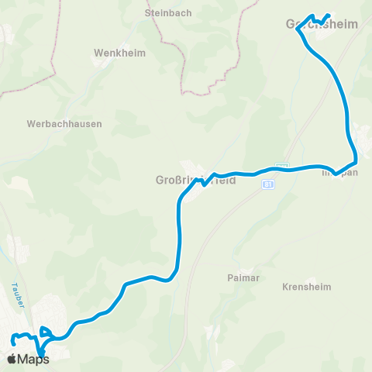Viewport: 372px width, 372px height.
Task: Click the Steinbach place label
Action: [163, 13]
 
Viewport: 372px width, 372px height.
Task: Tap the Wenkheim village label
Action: [115, 53]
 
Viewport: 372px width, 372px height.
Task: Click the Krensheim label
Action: [306, 287]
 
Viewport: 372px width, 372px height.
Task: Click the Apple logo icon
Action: [12, 359]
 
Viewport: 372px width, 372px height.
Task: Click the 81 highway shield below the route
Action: [267, 184]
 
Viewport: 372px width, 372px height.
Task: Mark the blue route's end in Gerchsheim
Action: [329, 15]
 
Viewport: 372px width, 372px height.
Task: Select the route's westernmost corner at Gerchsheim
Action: [298, 31]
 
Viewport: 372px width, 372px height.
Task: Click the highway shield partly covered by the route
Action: [282, 166]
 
